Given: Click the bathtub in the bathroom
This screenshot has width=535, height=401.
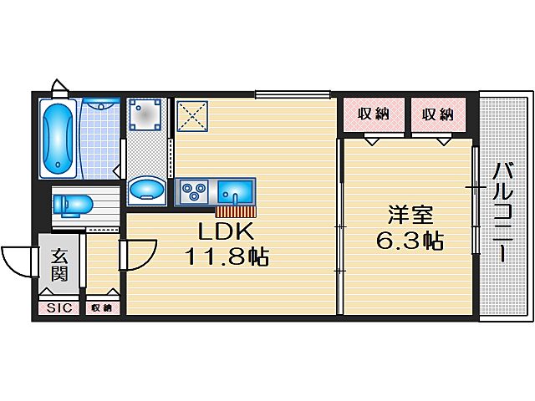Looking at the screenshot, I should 58,138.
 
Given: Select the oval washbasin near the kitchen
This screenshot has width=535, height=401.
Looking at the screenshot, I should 148,190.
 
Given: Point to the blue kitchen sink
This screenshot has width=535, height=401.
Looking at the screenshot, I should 236,192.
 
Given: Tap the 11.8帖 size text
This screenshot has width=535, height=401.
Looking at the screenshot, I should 226,256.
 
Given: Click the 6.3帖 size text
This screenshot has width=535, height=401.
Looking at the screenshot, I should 409,241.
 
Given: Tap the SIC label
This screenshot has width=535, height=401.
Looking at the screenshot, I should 59,308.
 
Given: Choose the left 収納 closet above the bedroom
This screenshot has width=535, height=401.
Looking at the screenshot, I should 374,114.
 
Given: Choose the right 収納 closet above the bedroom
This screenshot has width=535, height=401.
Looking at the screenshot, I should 437,114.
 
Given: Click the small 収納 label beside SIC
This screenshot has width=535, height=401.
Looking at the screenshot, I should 101,308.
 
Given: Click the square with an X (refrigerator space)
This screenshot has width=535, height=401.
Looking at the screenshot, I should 194,117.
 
